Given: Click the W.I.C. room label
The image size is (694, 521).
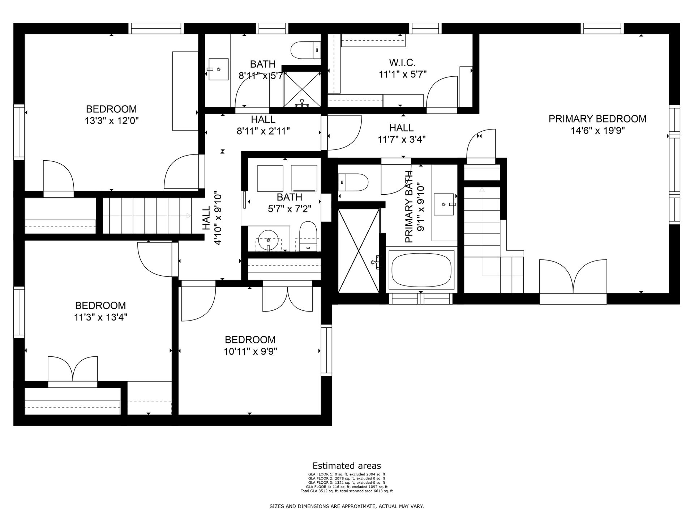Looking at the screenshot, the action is point(403,63).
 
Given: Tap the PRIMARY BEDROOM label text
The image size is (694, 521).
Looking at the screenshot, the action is point(597,119).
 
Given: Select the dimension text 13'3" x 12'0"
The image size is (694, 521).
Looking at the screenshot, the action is point(112,120).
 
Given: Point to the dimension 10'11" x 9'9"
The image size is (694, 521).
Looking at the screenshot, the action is point(250,351).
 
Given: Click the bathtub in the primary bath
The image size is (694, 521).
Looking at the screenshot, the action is point(421,269).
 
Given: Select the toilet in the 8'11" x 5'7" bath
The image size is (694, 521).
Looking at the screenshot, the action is point(306,50).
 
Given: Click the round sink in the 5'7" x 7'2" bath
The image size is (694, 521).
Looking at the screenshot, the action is point(269,240).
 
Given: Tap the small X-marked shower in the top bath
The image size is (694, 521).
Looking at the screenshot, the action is point(302,89).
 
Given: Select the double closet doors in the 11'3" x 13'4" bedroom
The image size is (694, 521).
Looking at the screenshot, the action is point(72,369).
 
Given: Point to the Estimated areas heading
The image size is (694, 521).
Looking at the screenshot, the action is point(347,466).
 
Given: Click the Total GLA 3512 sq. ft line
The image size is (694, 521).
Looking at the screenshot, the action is point(347,491).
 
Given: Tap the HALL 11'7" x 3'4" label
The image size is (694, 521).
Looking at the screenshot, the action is point(402,134).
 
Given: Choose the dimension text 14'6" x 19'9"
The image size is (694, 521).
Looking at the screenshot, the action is point(597,131).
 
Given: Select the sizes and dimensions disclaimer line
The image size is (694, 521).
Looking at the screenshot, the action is point(347,507).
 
